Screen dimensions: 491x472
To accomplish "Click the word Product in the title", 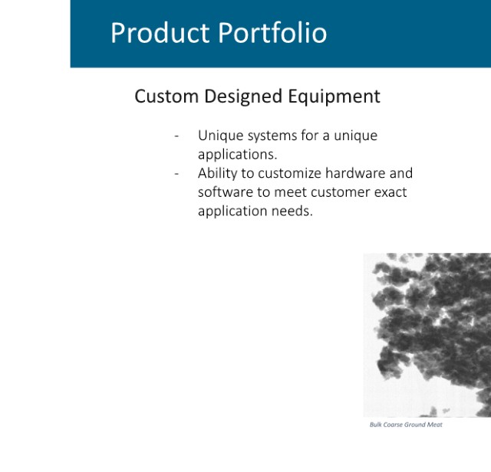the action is pyautogui.click(x=160, y=32).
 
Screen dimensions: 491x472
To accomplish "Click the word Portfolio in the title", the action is pyautogui.click(x=272, y=32).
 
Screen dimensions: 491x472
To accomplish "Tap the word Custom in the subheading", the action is pyautogui.click(x=166, y=96).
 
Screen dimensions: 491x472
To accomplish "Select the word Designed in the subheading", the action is pyautogui.click(x=243, y=97).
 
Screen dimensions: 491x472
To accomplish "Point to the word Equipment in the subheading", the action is pyautogui.click(x=334, y=97).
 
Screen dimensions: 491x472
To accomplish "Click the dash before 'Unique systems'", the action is pyautogui.click(x=176, y=136).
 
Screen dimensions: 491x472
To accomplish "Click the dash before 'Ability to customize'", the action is pyautogui.click(x=176, y=174).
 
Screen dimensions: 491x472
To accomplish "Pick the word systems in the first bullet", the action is pyautogui.click(x=272, y=136).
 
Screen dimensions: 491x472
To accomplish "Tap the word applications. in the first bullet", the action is pyautogui.click(x=238, y=155).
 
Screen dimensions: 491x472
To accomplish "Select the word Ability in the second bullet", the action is pyautogui.click(x=218, y=174).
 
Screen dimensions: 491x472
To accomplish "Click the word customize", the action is pyautogui.click(x=290, y=174).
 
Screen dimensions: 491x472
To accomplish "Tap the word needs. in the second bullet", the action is pyautogui.click(x=292, y=211).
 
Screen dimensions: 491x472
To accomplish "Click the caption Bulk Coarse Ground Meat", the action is pyautogui.click(x=406, y=424).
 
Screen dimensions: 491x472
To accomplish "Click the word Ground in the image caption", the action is pyautogui.click(x=415, y=424).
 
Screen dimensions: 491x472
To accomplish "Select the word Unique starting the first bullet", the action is pyautogui.click(x=221, y=136).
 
